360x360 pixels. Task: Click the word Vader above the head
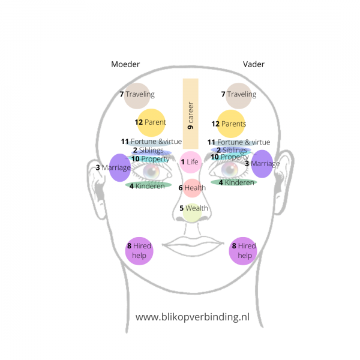[254, 64]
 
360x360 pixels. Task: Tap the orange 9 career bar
[190, 114]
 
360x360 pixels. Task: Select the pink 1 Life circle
[190, 161]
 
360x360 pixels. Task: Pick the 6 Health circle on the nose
[193, 188]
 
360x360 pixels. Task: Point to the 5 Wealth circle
[193, 209]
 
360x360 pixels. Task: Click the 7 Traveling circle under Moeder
[137, 95]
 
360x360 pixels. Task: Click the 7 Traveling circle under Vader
[239, 95]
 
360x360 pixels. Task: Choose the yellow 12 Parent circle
[151, 122]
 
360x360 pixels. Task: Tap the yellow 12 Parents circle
[231, 124]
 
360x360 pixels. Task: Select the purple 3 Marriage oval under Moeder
[119, 167]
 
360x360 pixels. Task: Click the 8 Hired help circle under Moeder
[139, 250]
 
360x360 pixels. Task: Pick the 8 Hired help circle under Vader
[243, 250]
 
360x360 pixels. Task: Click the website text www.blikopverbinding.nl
[192, 317]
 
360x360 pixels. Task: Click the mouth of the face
[192, 244]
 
